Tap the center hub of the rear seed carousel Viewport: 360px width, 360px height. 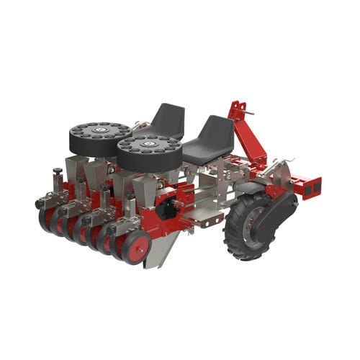point(100,130)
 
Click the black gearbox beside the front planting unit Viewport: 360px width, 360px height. point(167,209)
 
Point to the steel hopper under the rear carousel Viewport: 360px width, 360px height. point(79,169)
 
